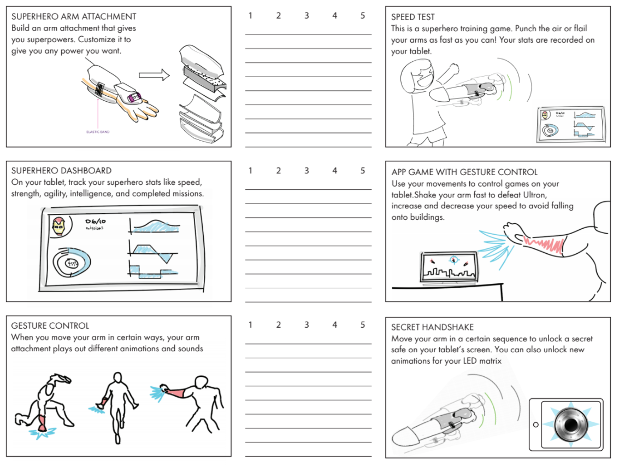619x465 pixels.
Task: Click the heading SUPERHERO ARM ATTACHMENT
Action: [x=74, y=16]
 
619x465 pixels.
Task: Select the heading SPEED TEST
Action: [x=413, y=17]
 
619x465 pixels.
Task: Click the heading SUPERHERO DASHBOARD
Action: [x=61, y=171]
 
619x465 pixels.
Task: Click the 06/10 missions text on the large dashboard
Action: [x=95, y=224]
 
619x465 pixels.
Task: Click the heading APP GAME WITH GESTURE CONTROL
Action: [x=464, y=172]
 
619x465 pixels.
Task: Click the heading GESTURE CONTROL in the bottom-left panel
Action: [x=50, y=326]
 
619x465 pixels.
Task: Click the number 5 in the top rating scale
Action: [x=363, y=16]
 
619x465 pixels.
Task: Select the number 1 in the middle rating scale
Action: [x=250, y=171]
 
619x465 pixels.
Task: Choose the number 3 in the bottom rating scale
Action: [x=306, y=325]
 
